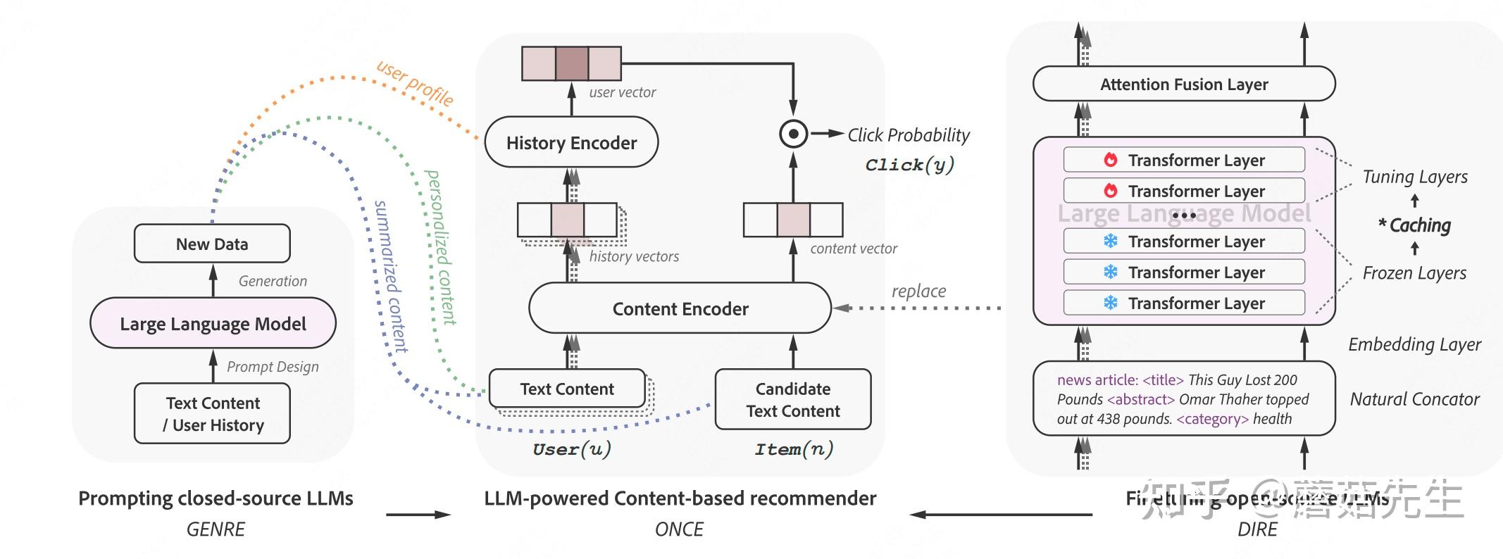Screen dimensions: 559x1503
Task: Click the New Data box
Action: tap(212, 244)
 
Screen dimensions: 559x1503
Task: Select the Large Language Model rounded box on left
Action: tap(213, 323)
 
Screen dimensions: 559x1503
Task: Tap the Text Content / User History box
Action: tap(212, 413)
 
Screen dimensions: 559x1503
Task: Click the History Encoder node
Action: tap(571, 143)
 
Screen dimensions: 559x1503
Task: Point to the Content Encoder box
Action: tap(680, 308)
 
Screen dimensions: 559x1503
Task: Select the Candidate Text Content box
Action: tap(793, 399)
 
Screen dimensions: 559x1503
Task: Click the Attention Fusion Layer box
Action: tap(1183, 84)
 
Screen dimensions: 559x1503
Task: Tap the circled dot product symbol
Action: tap(794, 134)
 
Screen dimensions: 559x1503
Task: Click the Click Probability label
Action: tap(908, 135)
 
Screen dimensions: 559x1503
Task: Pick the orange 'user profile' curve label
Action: tap(416, 82)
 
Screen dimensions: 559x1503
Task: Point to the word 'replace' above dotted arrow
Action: tap(918, 291)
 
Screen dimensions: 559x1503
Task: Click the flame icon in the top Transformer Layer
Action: tap(1111, 160)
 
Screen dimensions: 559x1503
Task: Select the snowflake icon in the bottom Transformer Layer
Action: tap(1111, 303)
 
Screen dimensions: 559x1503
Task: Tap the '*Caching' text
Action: tap(1415, 225)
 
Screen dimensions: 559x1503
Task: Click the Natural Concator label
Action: tap(1414, 399)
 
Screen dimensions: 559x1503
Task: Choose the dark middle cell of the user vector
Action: tap(571, 63)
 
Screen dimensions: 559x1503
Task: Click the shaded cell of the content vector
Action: tap(793, 220)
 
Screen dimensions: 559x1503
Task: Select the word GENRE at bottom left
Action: tap(216, 529)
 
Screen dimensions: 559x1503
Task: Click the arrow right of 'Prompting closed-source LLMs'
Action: tap(418, 515)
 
